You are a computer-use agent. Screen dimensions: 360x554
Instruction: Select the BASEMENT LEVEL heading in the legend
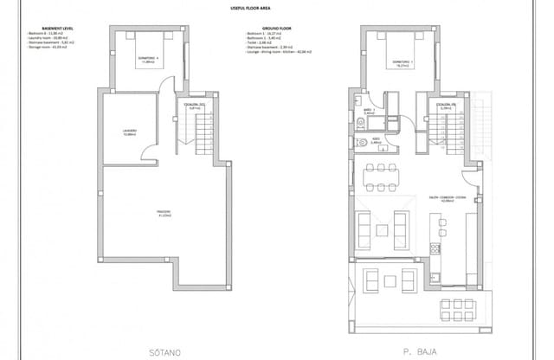(48, 30)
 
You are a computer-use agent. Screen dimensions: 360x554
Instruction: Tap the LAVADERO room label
(131, 132)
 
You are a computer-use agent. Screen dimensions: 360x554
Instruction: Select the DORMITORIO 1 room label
(399, 61)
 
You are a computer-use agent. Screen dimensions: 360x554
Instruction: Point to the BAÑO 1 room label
(369, 111)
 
